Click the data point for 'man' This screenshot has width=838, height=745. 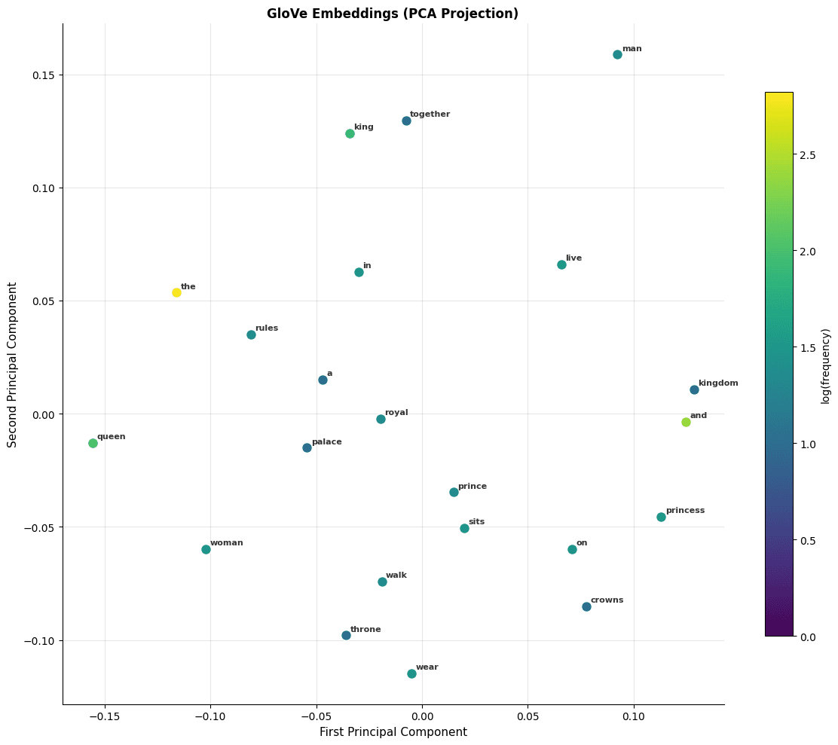tap(617, 54)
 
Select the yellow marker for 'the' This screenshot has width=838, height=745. tap(176, 292)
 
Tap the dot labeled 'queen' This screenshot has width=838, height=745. tap(93, 443)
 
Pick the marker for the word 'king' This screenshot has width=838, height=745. tap(350, 133)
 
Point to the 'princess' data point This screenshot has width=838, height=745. tap(661, 517)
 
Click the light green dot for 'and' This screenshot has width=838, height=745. tap(686, 422)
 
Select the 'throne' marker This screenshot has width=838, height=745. tap(346, 635)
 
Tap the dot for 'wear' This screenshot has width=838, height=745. tap(411, 673)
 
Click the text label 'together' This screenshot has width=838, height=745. tap(430, 114)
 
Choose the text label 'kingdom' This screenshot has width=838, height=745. tap(718, 383)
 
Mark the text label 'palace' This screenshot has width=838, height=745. tap(326, 441)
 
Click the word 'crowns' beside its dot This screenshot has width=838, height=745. tap(607, 600)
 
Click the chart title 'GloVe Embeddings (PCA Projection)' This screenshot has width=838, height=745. tap(393, 14)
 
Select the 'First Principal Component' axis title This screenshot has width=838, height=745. tap(393, 732)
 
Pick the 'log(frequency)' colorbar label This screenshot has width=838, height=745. tap(826, 365)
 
